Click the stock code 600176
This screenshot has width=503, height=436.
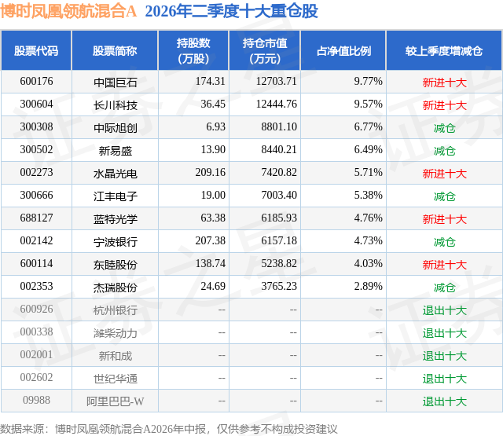[x=36, y=81]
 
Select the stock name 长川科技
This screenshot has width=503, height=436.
[x=116, y=104]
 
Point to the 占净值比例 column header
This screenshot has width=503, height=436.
[x=343, y=50]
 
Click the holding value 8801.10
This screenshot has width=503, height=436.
[x=279, y=126]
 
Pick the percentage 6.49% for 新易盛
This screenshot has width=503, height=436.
[x=368, y=149]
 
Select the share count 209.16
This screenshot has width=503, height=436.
[x=210, y=172]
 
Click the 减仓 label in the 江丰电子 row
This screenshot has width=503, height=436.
[x=444, y=196]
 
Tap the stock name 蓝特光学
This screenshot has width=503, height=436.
[x=116, y=218]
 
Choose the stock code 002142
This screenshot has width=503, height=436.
[x=36, y=240]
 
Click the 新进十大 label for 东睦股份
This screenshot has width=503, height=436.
[x=444, y=264]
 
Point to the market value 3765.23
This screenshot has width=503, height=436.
[x=279, y=286]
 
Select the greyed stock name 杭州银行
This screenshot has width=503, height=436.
[x=116, y=310]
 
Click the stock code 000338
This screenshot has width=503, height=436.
[x=36, y=332]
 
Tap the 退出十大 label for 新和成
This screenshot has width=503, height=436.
[x=444, y=355]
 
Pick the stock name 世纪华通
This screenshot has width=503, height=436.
[x=116, y=378]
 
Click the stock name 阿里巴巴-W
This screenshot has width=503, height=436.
[x=116, y=401]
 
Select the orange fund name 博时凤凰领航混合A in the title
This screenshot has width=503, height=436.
[x=68, y=11]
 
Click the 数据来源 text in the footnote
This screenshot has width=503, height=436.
[x=21, y=429]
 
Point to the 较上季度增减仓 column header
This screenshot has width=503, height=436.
[x=443, y=50]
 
